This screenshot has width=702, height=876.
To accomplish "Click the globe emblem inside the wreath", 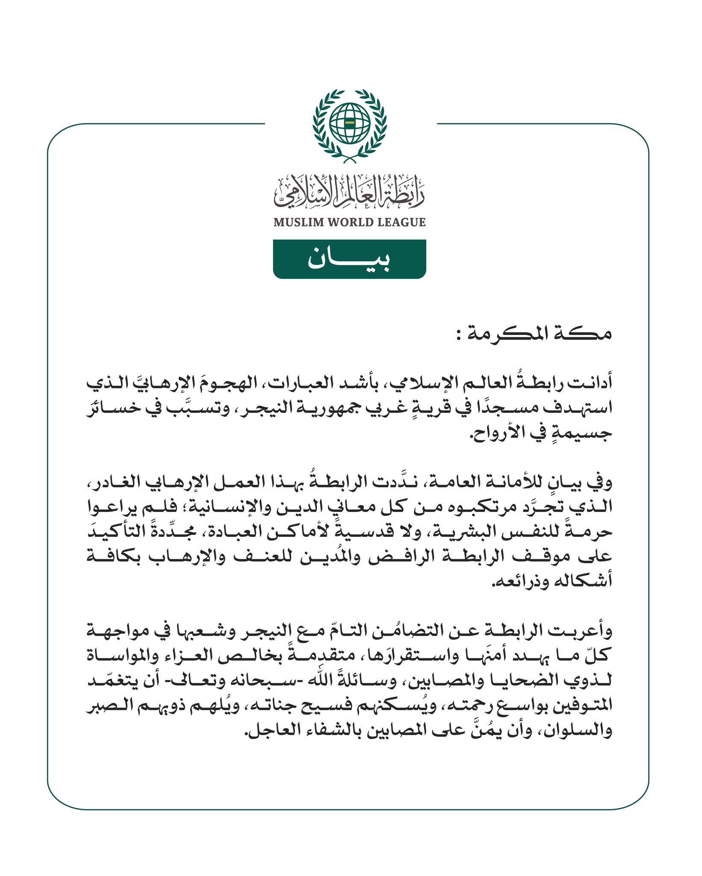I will tap(350, 124).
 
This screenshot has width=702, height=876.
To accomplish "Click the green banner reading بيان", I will tap(349, 259).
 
